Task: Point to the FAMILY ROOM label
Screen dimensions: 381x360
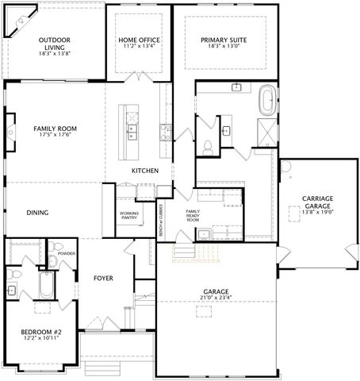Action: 54,128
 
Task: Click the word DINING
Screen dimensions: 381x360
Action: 37,213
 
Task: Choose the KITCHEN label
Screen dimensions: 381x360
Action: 145,171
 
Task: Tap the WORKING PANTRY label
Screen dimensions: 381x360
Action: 129,215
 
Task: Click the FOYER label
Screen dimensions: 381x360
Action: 103,278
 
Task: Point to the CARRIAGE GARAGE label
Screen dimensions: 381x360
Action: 317,202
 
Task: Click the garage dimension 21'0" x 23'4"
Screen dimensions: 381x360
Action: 215,298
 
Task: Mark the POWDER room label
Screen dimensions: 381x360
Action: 66,254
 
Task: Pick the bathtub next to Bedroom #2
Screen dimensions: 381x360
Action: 45,287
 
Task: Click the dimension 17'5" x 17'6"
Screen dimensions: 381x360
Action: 54,136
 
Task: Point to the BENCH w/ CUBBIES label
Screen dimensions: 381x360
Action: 161,228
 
